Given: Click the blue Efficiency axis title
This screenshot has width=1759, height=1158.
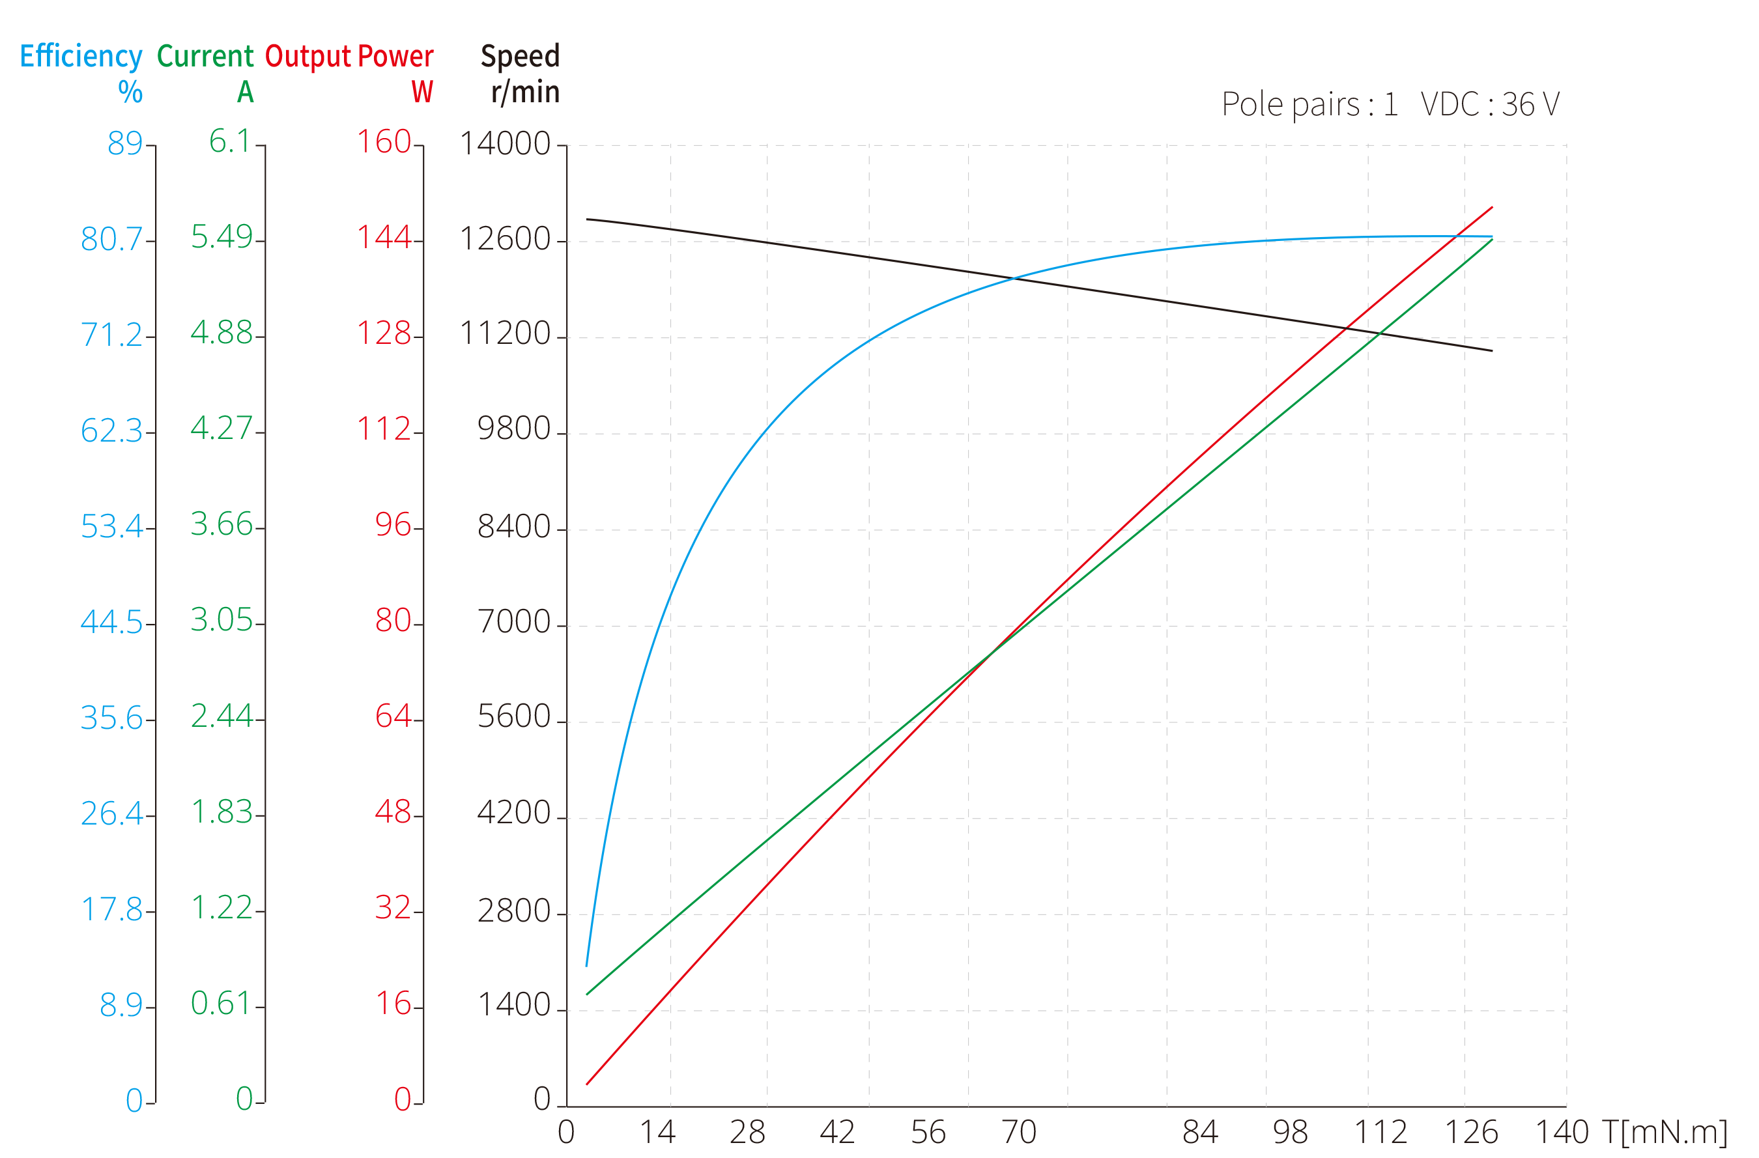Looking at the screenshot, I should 81,57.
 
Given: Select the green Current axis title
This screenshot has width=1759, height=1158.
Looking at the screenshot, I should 205,57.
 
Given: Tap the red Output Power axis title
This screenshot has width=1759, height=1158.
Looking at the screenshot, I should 349,57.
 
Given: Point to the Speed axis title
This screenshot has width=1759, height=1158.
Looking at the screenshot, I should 520,57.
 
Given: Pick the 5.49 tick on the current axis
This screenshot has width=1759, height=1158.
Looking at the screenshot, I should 221,237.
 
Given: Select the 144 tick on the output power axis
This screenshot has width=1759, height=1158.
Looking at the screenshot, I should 384,237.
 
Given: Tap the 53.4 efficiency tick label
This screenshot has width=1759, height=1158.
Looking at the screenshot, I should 111,527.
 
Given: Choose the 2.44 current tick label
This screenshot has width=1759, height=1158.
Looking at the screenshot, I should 221,716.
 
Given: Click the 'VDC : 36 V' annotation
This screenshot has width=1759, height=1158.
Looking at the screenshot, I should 1490,105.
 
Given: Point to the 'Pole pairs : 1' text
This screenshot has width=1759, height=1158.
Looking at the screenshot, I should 1309,105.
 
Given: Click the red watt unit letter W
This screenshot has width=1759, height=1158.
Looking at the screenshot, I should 422,92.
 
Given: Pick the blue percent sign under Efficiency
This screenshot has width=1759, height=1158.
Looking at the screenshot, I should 130,92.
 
